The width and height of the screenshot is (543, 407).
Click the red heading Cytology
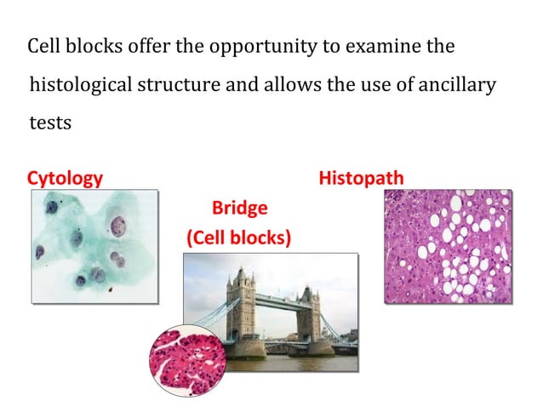click(x=65, y=178)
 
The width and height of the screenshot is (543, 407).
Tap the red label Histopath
click(x=361, y=178)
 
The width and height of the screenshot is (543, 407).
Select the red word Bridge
click(x=239, y=208)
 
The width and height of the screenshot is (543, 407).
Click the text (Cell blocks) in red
click(x=238, y=238)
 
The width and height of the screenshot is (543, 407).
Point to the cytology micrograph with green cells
click(x=94, y=246)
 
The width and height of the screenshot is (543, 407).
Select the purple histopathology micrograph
click(x=448, y=246)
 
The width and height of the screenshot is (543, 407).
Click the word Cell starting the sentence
click(x=43, y=46)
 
